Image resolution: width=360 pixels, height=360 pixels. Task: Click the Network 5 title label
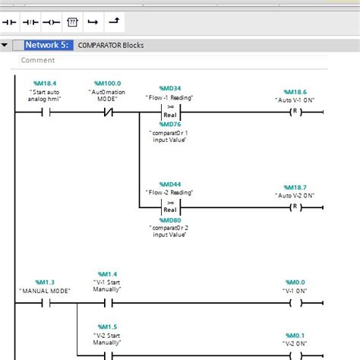[x=49, y=46]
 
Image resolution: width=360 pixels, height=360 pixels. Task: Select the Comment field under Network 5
[x=38, y=60]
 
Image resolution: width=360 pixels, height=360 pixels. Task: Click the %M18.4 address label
[x=45, y=83]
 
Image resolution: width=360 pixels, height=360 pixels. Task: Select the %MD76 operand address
[x=169, y=125]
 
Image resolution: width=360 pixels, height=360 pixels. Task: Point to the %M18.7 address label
[x=295, y=186]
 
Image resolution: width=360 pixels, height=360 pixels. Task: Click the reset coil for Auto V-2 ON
[x=293, y=207]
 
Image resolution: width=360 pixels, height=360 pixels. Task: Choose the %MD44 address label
[x=169, y=185]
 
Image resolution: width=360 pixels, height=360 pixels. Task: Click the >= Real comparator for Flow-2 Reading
[x=169, y=207]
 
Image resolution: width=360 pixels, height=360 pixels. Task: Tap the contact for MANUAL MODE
[x=45, y=302]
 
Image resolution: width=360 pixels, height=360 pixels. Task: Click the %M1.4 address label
[x=107, y=273]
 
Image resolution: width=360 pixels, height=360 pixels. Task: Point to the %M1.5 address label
[x=107, y=327]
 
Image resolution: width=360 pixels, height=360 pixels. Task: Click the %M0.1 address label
[x=295, y=335]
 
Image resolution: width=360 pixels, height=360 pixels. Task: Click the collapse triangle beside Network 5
[x=5, y=46]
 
